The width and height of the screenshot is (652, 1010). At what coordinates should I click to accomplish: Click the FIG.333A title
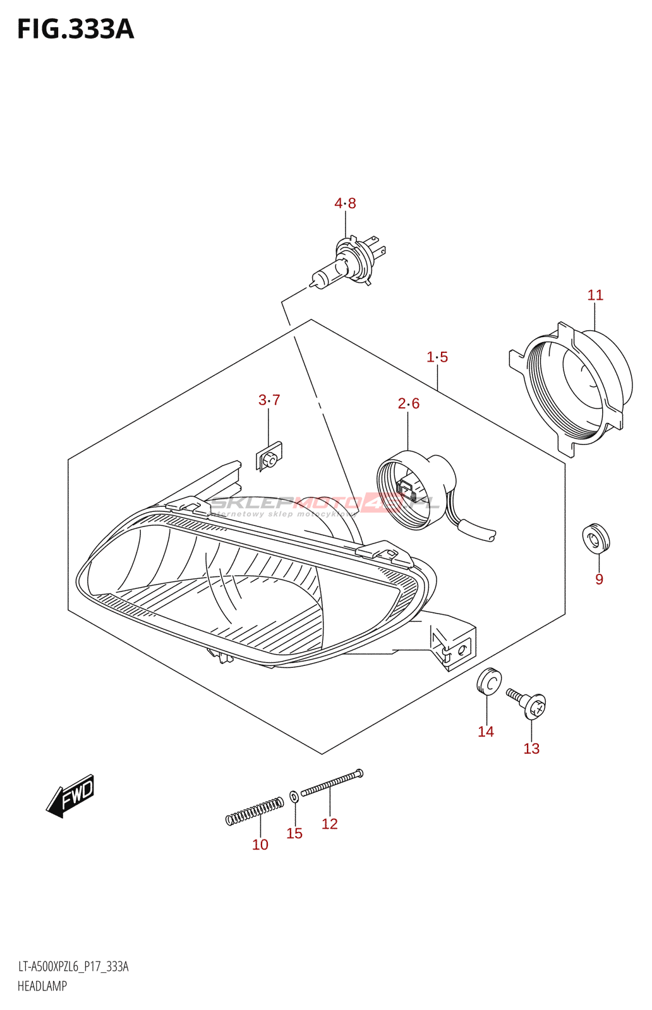pyautogui.click(x=76, y=30)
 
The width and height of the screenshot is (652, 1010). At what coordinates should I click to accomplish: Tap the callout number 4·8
pyautogui.click(x=345, y=203)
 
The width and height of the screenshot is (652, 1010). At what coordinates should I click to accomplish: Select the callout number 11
pyautogui.click(x=595, y=295)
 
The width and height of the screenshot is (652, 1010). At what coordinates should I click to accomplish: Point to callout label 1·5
pyautogui.click(x=437, y=357)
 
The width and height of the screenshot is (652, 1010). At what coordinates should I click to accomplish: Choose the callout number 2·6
pyautogui.click(x=408, y=403)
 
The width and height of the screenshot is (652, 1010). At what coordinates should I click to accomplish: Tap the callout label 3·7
pyautogui.click(x=269, y=400)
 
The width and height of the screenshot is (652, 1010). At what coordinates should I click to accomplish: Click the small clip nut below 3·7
pyautogui.click(x=269, y=457)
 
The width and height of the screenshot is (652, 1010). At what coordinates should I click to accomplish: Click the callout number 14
pyautogui.click(x=485, y=732)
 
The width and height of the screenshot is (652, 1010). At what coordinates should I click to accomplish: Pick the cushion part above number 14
pyautogui.click(x=489, y=681)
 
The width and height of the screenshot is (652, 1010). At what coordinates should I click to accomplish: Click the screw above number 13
pyautogui.click(x=527, y=703)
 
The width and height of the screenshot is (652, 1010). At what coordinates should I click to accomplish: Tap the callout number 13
pyautogui.click(x=531, y=749)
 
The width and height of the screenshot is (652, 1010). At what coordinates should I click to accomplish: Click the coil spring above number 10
pyautogui.click(x=255, y=811)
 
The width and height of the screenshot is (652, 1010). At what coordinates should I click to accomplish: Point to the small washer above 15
pyautogui.click(x=294, y=797)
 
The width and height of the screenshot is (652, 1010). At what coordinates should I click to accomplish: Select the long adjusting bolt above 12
pyautogui.click(x=332, y=783)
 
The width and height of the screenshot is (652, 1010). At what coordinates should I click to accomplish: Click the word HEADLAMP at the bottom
pyautogui.click(x=42, y=985)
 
